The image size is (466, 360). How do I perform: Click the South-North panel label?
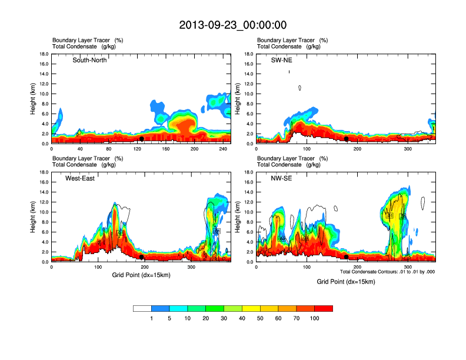coord(89,60)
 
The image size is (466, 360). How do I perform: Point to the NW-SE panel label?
coord(281,178)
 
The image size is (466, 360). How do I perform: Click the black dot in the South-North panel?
coord(141,139)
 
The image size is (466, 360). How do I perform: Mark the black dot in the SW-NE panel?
coord(346,139)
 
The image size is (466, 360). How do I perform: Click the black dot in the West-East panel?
coord(141,257)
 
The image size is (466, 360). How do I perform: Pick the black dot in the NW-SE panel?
coord(346,257)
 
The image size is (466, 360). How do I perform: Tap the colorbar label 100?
coord(315,318)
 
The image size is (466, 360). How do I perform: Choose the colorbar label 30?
coord(224,318)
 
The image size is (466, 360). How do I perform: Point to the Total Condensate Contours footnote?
coord(387,271)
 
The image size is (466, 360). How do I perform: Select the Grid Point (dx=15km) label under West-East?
coord(141,275)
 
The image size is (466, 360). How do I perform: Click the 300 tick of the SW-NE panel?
coord(407,149)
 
